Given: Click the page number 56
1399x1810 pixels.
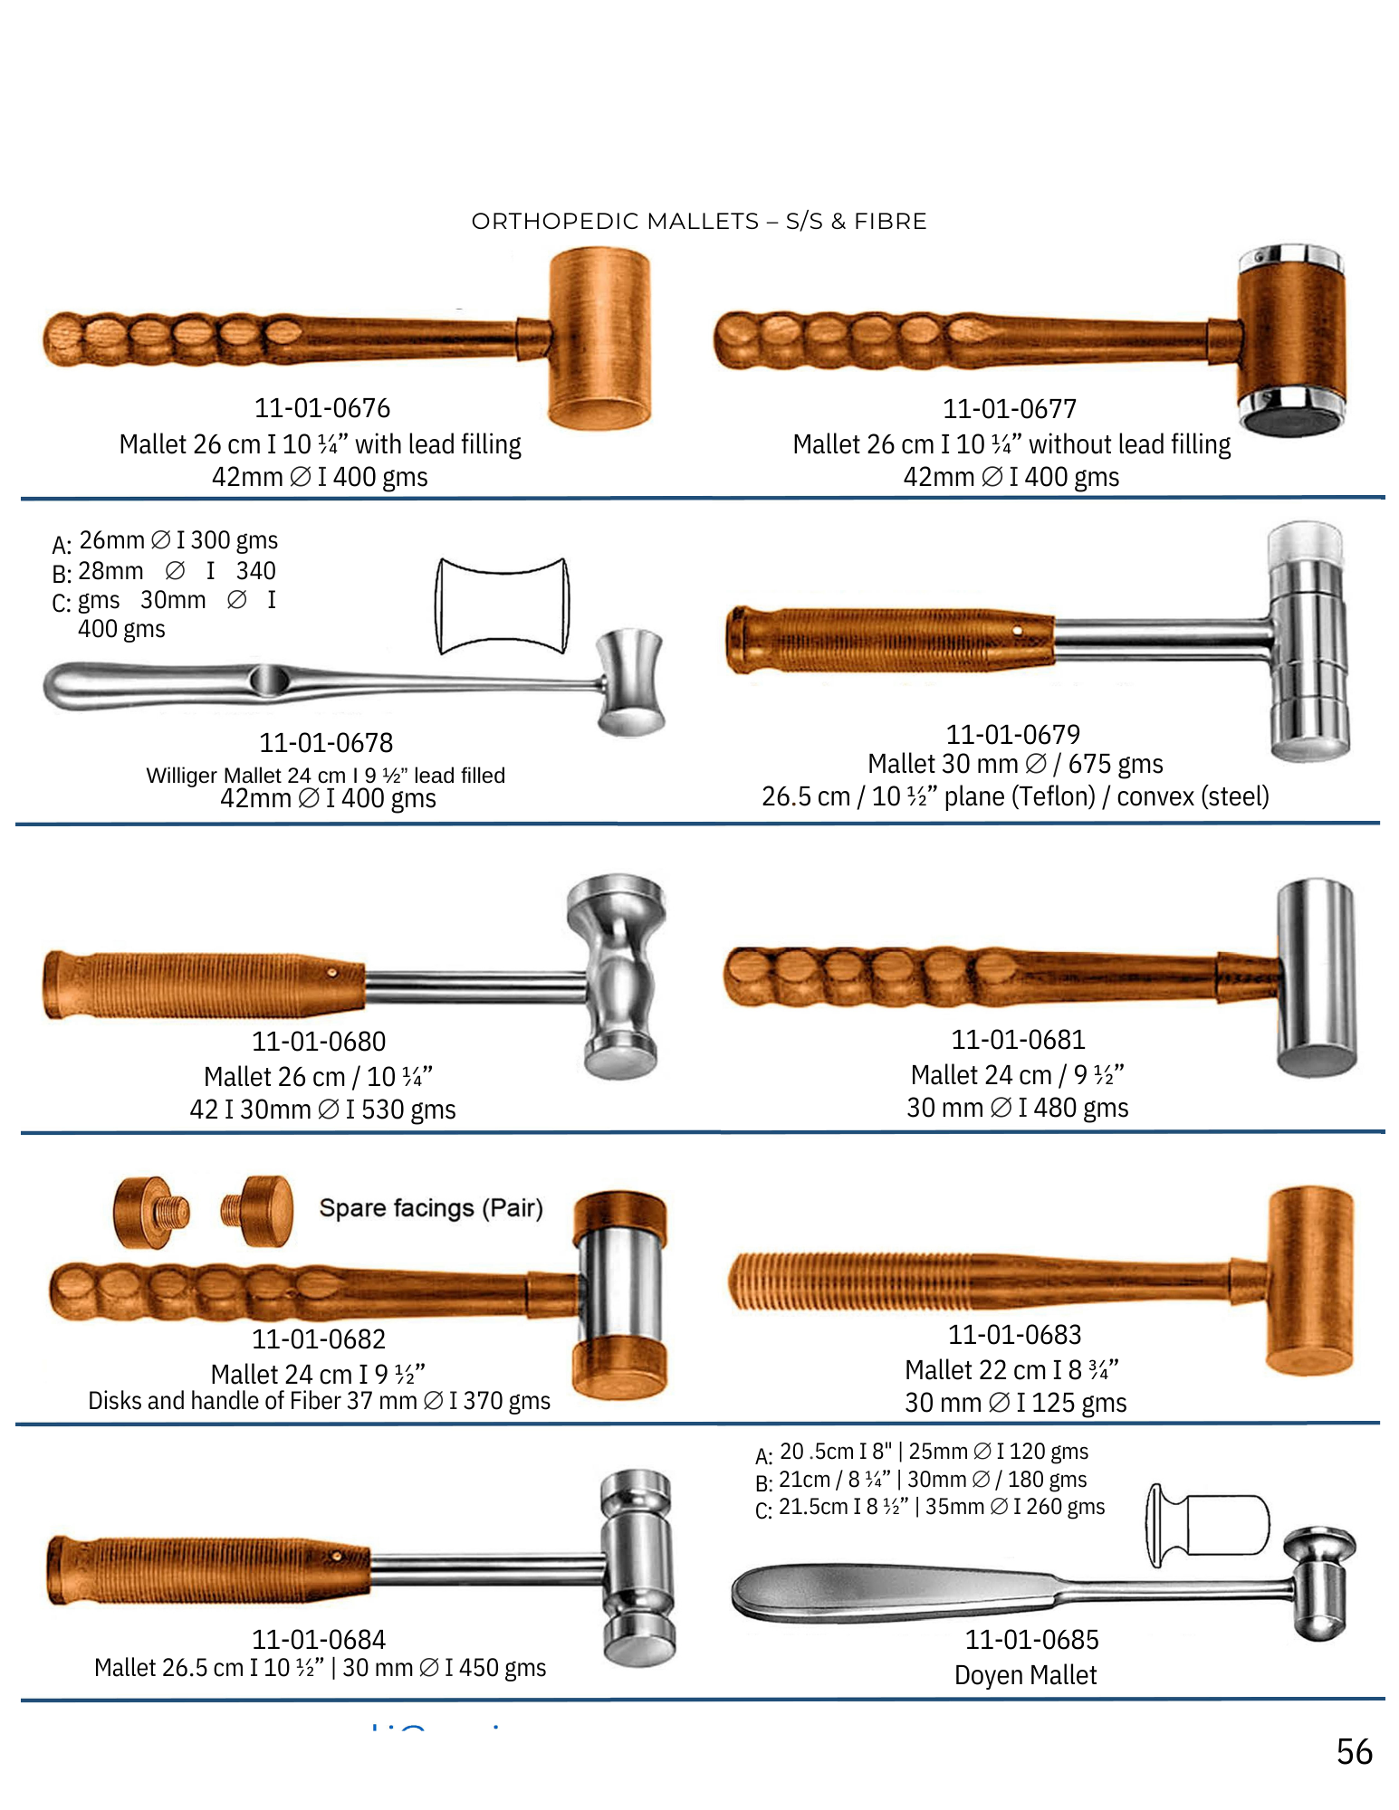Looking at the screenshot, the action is coord(1354,1752).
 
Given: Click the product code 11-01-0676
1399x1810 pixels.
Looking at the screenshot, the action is coord(322,408).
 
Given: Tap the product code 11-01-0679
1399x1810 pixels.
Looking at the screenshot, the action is coord(1013,734).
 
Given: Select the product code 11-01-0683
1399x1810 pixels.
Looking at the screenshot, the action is coord(1015,1334).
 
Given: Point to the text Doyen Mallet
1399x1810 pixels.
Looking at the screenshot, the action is coord(1025,1675).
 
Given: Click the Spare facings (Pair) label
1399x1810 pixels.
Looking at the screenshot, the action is coord(431,1208).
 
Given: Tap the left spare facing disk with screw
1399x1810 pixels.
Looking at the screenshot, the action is coord(151,1212).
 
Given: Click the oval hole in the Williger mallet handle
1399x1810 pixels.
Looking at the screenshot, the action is coord(268,681).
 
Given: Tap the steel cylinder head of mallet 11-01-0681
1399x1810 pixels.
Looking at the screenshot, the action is coord(1317,977).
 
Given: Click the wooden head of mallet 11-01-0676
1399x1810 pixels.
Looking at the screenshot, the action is coord(599,338).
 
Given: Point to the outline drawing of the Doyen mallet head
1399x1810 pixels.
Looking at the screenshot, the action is coord(1208,1525).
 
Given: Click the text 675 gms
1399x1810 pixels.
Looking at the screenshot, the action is coord(1116,764).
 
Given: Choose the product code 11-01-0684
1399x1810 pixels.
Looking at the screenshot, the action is coord(319,1639).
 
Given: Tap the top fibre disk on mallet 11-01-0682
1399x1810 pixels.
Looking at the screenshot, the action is coord(620,1218).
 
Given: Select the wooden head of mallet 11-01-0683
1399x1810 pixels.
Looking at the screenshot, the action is coord(1309,1281).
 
